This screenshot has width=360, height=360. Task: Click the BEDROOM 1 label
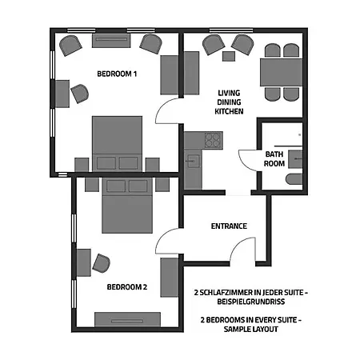pos(117,74)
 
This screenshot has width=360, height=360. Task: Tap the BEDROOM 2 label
pos(127,287)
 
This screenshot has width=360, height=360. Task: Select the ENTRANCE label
pos(229,226)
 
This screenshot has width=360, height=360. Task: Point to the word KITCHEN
pos(229,111)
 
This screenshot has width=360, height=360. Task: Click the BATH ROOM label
pos(274,158)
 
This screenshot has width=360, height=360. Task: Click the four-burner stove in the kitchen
pos(214,140)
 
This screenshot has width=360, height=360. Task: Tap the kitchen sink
pos(193,161)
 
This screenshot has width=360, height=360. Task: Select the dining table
pos(281,72)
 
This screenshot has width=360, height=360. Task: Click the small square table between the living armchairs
pos(229,56)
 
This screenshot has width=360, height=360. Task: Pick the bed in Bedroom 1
pos(117,144)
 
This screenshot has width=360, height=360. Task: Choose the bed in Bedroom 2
pos(127,206)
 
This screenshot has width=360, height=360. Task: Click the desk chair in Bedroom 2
pos(102,263)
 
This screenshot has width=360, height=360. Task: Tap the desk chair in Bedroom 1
pos(80,94)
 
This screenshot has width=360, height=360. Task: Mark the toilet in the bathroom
pos(294,179)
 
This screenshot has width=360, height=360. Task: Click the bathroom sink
pos(295,159)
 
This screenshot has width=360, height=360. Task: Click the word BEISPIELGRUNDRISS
pos(251,302)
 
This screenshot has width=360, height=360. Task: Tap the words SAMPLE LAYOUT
pos(251,329)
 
